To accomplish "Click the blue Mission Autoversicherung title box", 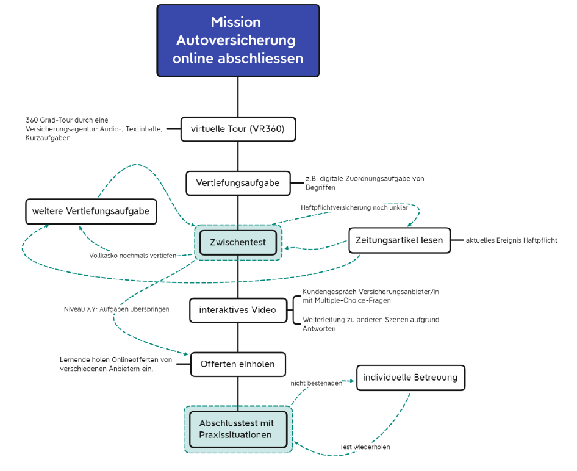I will pos(238,40).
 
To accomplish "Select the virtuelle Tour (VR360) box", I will pos(238,129).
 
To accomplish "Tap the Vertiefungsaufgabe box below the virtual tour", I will pos(238,183).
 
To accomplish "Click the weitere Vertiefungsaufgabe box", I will pos(91,212).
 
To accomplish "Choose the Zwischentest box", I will pos(238,242).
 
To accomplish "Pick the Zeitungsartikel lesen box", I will pos(399,240).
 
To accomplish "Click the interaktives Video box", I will pos(238,310).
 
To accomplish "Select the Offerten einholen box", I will pos(238,364).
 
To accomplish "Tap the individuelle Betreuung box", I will pos(410,378).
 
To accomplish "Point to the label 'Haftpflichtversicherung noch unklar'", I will pos(354,207).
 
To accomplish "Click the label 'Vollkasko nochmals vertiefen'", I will pos(132,256).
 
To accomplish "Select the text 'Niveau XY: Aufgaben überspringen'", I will pos(116,309).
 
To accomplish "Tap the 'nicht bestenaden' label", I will pos(316,383).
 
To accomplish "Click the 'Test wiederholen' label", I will pos(365,447).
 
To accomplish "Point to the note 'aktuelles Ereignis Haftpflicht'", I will pos(511,240).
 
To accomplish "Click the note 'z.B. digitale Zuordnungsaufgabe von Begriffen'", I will pos(365,183).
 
